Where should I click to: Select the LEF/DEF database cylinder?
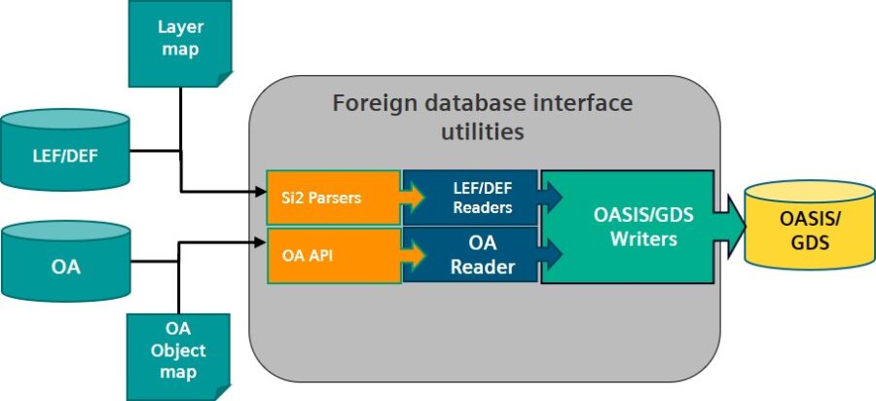point(65,151)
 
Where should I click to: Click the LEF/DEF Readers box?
point(469,198)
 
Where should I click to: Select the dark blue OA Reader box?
point(469,256)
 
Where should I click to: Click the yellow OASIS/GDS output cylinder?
point(811,230)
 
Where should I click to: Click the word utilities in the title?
point(482,130)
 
